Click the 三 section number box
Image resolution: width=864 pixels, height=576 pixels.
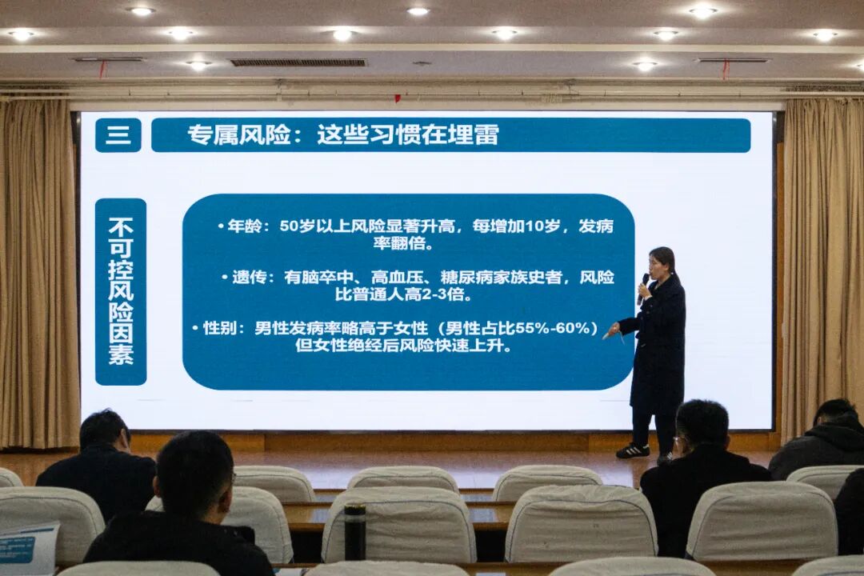pyautogui.click(x=118, y=135)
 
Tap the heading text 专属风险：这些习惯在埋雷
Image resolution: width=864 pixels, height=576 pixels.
pyautogui.click(x=343, y=135)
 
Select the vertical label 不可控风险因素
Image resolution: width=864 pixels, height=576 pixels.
pyautogui.click(x=121, y=291)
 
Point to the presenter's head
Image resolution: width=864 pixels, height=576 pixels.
pyautogui.click(x=662, y=262)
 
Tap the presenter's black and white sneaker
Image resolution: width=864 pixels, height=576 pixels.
pyautogui.click(x=634, y=450)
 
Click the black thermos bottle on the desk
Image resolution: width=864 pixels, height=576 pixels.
pyautogui.click(x=354, y=531)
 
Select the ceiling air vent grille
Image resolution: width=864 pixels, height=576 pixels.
pyautogui.click(x=298, y=62)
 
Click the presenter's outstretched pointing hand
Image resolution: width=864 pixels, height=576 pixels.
pyautogui.click(x=613, y=329)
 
